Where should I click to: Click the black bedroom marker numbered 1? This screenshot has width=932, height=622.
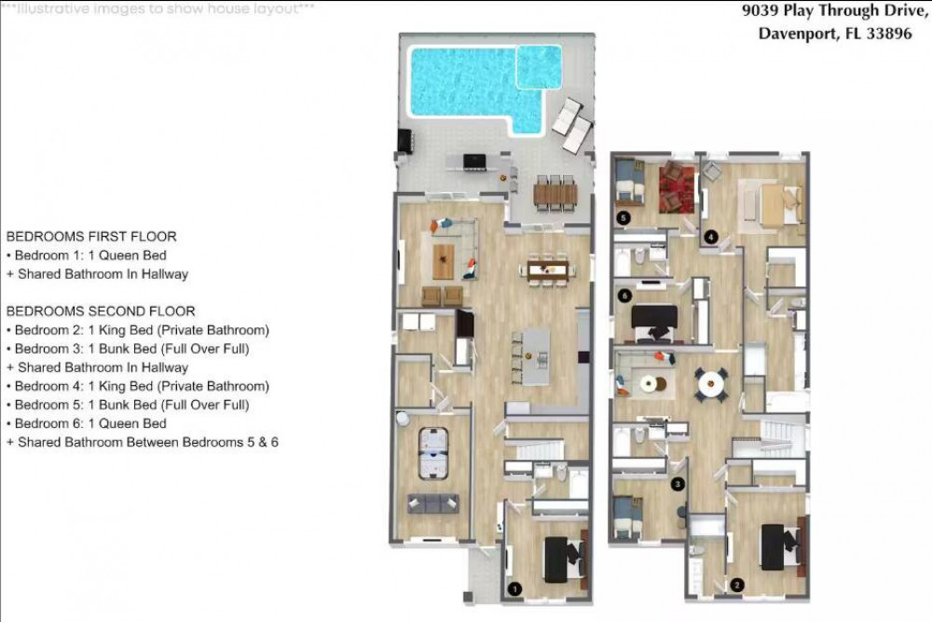tap(514, 589)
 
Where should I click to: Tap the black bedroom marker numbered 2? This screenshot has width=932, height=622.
tap(737, 585)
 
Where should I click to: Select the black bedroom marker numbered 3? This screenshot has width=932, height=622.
tap(678, 484)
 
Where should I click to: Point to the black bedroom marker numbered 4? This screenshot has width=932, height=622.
tap(711, 237)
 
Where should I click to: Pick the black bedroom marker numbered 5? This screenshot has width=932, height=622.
tap(623, 218)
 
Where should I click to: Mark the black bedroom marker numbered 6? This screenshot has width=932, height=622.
tap(624, 296)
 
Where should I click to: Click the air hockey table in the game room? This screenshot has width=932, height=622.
tap(433, 453)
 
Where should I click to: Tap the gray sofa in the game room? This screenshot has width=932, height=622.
tap(433, 503)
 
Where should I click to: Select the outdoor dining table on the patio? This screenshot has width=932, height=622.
tap(555, 193)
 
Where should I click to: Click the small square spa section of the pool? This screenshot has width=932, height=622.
tap(539, 67)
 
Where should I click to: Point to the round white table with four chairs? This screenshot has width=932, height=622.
tap(712, 384)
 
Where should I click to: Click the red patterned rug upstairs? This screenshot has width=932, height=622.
tap(677, 189)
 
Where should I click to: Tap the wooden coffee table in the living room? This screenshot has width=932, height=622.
tap(443, 261)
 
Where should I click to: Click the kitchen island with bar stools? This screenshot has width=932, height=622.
tap(531, 357)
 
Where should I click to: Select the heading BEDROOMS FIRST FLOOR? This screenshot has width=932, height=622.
tap(91, 237)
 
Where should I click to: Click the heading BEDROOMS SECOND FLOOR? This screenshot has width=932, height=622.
tap(101, 311)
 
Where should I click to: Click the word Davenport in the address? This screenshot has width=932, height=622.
tap(799, 34)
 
